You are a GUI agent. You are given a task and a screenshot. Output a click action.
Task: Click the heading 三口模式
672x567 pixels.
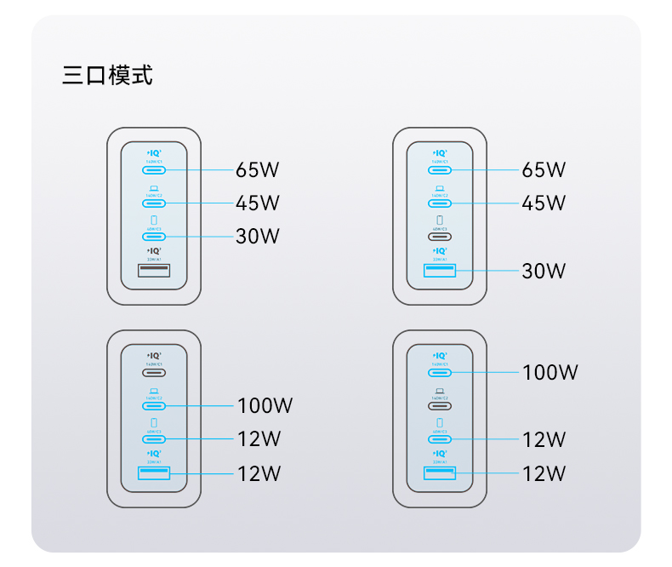pyautogui.click(x=107, y=75)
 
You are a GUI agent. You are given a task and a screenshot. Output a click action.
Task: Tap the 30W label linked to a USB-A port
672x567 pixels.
pyautogui.click(x=544, y=271)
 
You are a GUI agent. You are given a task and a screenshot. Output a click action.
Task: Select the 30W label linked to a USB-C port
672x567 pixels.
pyautogui.click(x=257, y=236)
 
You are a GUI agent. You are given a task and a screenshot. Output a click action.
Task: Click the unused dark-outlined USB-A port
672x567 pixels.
pyautogui.click(x=154, y=271)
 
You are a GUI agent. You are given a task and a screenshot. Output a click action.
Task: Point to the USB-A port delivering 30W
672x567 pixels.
pyautogui.click(x=440, y=271)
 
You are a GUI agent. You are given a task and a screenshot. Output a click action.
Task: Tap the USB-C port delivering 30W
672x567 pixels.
pyautogui.click(x=154, y=236)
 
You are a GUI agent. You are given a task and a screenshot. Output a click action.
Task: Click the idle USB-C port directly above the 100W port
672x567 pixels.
pyautogui.click(x=154, y=372)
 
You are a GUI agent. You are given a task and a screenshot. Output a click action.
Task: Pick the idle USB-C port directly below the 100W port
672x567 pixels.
pyautogui.click(x=440, y=405)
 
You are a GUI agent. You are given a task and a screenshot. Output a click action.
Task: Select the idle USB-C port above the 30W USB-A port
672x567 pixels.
pyautogui.click(x=440, y=236)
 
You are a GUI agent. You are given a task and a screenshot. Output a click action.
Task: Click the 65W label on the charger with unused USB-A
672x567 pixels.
pyautogui.click(x=257, y=169)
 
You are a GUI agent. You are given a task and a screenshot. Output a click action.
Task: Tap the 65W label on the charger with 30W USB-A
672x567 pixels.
pyautogui.click(x=544, y=169)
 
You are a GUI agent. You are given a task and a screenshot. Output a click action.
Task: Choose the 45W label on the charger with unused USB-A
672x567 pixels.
pyautogui.click(x=257, y=203)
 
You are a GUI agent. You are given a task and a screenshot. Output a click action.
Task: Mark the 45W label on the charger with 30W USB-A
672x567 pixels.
pyautogui.click(x=544, y=203)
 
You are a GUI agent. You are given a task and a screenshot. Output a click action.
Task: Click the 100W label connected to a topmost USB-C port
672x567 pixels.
pyautogui.click(x=550, y=372)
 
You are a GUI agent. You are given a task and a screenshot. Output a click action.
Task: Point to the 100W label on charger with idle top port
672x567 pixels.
pyautogui.click(x=264, y=405)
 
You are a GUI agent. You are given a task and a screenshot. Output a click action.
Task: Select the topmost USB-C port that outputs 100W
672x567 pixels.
pyautogui.click(x=440, y=372)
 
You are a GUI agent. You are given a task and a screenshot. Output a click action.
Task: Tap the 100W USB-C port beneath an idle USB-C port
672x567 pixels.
pyautogui.click(x=154, y=405)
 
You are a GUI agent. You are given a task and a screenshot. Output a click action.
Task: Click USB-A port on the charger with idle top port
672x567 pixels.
pyautogui.click(x=154, y=472)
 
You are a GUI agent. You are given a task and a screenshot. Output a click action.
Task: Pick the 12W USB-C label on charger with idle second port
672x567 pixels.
pyautogui.click(x=544, y=439)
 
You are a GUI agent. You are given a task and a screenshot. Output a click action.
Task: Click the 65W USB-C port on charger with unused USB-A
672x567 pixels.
pyautogui.click(x=154, y=169)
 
